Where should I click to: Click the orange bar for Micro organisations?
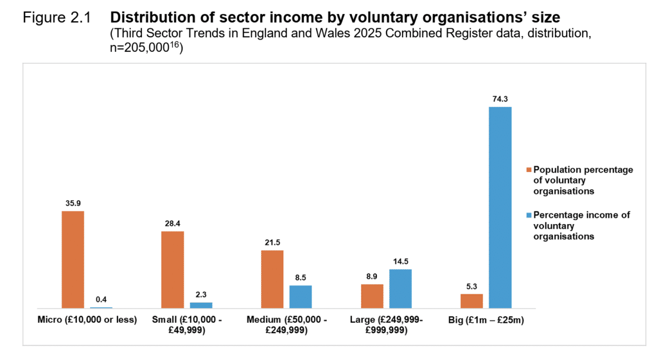coord(73,259)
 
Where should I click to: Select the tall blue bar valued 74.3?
coord(500,207)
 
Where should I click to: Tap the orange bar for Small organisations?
coord(173,269)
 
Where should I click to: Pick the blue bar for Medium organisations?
coord(301,297)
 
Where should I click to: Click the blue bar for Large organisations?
coord(400,288)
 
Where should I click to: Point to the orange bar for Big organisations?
coord(471,300)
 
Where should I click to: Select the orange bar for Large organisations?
coord(372,296)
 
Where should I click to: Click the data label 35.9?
coord(73,204)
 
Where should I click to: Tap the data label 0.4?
coord(101,300)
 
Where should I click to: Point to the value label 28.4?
coord(173,224)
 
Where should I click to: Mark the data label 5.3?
coord(471,287)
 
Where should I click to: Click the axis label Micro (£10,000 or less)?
coord(87,320)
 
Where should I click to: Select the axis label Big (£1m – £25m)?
coord(486,320)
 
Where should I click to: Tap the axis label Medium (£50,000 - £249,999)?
coord(287,325)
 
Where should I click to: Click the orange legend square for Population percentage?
coord(529,170)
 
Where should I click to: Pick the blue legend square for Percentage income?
coord(529,215)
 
